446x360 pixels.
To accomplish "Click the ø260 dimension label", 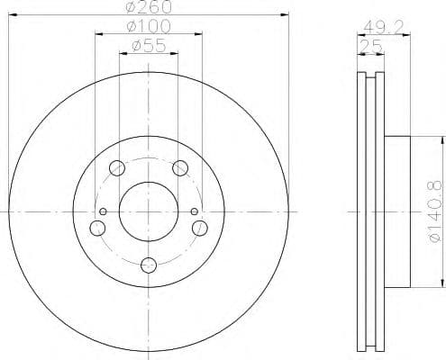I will click(x=150, y=9).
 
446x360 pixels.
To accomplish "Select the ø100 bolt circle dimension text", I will click(x=150, y=27).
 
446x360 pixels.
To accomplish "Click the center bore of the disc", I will click(x=149, y=212).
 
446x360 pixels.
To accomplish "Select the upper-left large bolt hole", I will click(x=116, y=168).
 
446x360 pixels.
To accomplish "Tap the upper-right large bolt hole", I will click(x=181, y=168).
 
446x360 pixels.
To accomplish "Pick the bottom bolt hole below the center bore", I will click(x=149, y=265).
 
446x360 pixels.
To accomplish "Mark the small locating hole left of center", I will click(x=103, y=212).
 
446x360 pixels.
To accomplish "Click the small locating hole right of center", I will click(x=195, y=212).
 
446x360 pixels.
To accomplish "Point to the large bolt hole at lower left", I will click(x=96, y=229).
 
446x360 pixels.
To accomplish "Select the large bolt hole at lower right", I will click(x=201, y=229).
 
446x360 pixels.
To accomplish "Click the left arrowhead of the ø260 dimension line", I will click(x=14, y=15).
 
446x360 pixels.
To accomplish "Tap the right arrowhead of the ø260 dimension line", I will click(x=285, y=15).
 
